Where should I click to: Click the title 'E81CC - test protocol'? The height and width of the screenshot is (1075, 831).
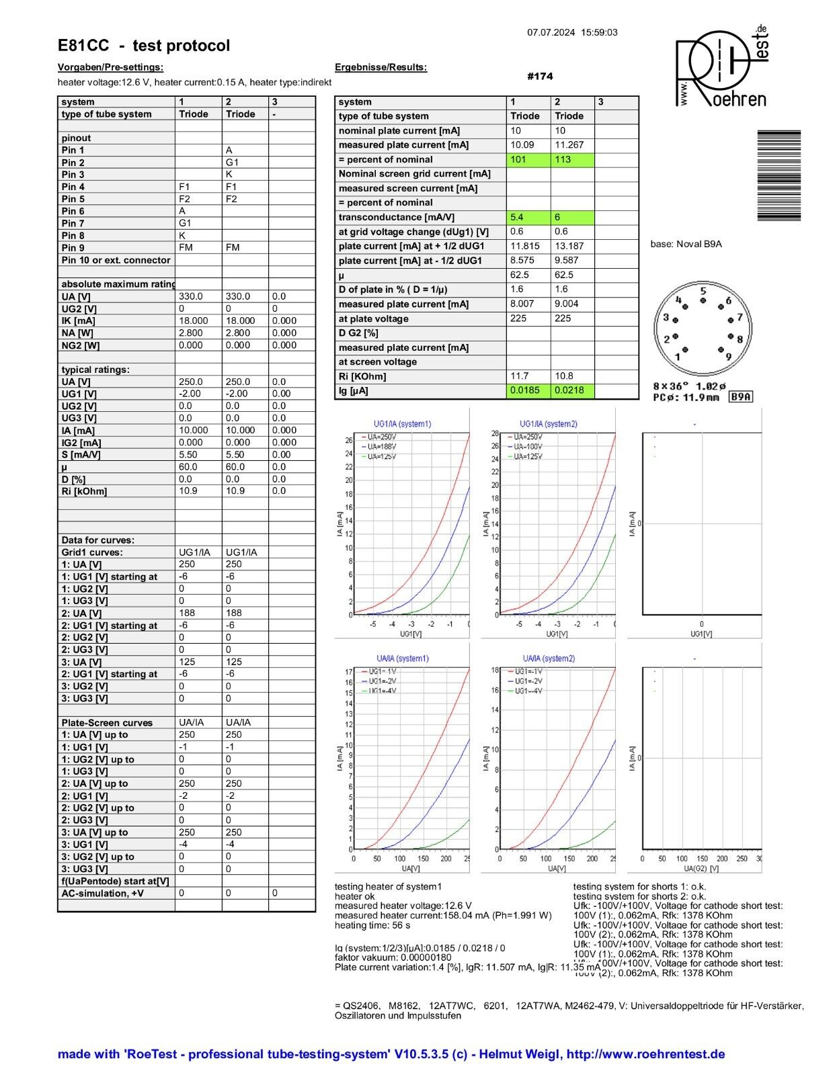[x=144, y=46]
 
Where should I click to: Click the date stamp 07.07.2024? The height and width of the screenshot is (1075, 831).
[x=551, y=32]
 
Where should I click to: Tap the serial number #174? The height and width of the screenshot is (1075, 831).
[x=540, y=77]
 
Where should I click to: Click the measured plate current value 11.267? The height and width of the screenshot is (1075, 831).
[x=569, y=145]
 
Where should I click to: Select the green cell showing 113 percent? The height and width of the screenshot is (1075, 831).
[x=572, y=160]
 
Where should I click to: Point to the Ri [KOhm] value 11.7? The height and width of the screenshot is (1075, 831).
[x=520, y=376]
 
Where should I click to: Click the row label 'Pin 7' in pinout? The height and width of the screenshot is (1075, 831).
[x=73, y=223]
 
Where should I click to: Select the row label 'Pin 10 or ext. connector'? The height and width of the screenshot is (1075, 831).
[x=116, y=260]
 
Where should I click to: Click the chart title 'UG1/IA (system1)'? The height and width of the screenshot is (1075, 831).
[x=402, y=424]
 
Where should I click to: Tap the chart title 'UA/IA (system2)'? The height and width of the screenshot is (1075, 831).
[x=549, y=658]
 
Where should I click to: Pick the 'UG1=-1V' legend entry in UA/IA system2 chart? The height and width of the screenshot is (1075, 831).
[x=528, y=671]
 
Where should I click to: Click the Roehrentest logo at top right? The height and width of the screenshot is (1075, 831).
[x=721, y=67]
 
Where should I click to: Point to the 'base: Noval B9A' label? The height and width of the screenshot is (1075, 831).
[x=686, y=244]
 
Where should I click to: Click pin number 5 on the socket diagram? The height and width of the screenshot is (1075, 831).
[x=703, y=292]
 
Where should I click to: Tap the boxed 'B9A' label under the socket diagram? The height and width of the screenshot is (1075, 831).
[x=741, y=397]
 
